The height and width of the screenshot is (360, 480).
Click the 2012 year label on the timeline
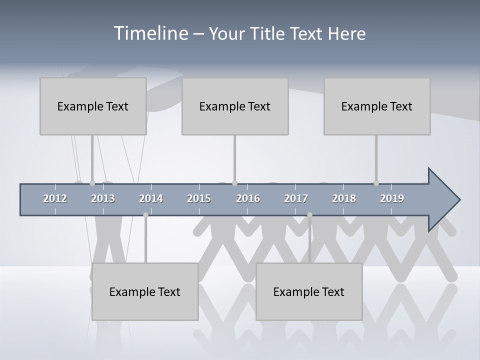click(x=55, y=198)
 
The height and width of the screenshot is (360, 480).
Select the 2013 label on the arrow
click(x=103, y=198)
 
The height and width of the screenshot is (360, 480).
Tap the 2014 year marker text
click(x=151, y=198)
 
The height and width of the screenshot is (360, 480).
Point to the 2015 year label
click(x=199, y=198)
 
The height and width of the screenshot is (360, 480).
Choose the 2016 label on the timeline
click(x=248, y=198)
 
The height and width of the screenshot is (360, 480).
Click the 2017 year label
click(x=296, y=198)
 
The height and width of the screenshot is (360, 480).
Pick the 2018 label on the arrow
click(x=344, y=198)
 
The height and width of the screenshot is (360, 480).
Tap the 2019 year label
click(x=392, y=198)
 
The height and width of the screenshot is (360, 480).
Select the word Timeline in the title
click(x=150, y=33)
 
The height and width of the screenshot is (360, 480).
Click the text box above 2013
click(x=93, y=106)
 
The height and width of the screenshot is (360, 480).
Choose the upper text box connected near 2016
click(x=235, y=106)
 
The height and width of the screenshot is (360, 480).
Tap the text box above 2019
click(x=377, y=106)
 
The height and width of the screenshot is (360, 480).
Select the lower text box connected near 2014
click(x=145, y=291)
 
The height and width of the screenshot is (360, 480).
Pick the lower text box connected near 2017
click(x=309, y=291)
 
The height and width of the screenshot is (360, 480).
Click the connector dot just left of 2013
click(x=92, y=183)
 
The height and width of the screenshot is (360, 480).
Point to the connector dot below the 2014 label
click(x=145, y=215)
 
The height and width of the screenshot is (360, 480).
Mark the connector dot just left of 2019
click(x=376, y=183)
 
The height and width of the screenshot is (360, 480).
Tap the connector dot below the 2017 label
click(x=309, y=215)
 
